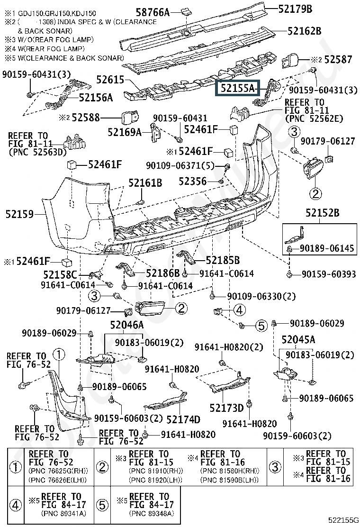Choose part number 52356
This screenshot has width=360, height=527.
(192, 181)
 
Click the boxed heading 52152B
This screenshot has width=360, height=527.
(322, 213)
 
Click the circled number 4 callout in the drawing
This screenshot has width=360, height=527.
(239, 310)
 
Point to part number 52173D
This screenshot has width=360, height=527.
(224, 408)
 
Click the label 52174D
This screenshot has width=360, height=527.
(183, 419)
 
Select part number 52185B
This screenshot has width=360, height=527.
(223, 260)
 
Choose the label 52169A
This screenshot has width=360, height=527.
(125, 132)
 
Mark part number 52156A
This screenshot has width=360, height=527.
(96, 98)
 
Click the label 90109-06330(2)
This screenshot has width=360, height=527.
(261, 296)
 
